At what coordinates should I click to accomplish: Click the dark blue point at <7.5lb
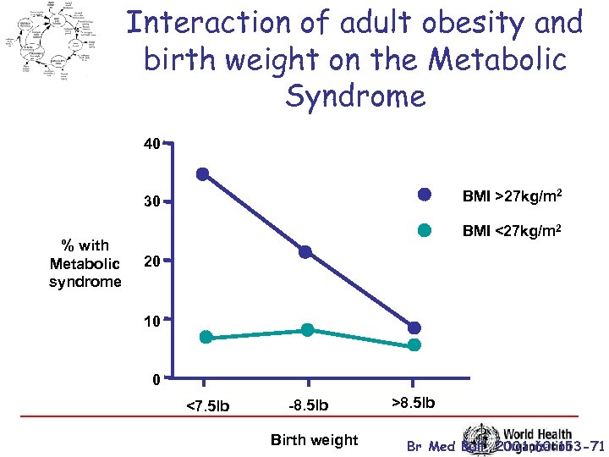pos(202,174)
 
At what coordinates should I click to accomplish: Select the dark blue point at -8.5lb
pos(305,251)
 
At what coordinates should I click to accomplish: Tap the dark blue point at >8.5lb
pos(414,328)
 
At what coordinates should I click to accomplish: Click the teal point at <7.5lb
pos(206,337)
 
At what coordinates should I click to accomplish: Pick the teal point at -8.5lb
pos(307,329)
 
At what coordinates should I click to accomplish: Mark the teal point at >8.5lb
pos(414,344)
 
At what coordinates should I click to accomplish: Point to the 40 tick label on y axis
pos(151,145)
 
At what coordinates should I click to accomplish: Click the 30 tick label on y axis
pos(151,202)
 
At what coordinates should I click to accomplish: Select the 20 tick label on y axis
pos(151,262)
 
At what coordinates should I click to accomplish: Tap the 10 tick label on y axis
pos(151,320)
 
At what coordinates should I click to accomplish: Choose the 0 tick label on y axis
pos(156,380)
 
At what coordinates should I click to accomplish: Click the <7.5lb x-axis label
pos(206,406)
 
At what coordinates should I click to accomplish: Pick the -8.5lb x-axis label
pos(309,406)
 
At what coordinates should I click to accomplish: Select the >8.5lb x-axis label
pos(414,403)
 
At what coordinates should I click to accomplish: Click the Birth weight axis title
pos(314,439)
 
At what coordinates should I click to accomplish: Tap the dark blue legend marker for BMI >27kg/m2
pos(425,195)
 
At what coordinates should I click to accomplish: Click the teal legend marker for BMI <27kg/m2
pos(425,229)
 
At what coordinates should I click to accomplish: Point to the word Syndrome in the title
pos(355,96)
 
